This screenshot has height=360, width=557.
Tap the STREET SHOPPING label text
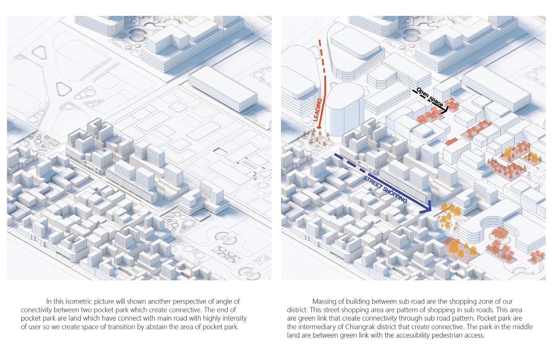point(385,189)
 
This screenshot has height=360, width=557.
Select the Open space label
point(430,97)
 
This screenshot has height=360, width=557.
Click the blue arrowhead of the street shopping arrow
point(427,209)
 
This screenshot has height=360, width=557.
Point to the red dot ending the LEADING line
point(319,128)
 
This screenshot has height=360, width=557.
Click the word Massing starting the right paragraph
point(324,301)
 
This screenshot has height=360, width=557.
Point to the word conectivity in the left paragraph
point(38,310)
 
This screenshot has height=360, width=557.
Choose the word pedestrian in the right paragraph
point(441,335)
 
